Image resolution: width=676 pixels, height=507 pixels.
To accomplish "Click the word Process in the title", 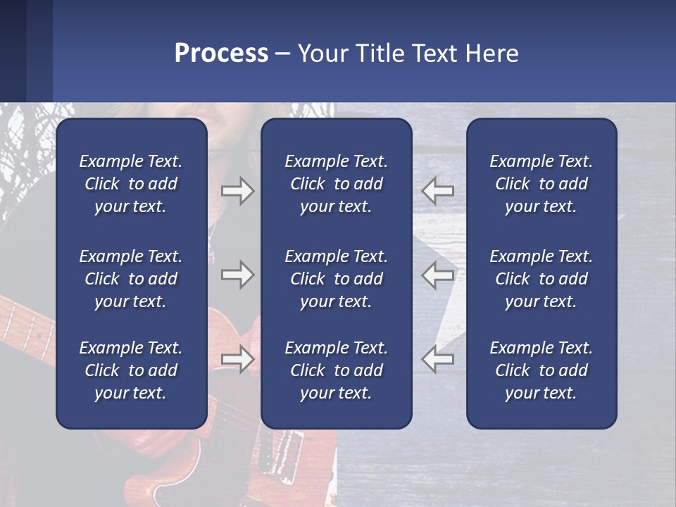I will click(221, 54).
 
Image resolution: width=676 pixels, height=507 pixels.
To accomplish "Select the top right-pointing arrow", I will click(237, 191).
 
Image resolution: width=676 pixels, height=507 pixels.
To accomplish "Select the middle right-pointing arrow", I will click(237, 275).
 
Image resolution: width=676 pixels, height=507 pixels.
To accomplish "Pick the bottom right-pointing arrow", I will click(237, 359).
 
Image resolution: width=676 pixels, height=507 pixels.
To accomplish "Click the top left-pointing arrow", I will click(437, 191).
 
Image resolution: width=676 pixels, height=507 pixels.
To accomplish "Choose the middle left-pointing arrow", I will click(437, 275).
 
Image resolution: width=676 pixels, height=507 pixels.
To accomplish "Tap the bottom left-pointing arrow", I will click(437, 359).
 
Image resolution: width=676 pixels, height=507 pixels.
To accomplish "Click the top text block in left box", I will click(131, 184).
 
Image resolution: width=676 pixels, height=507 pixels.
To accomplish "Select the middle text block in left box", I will click(131, 279).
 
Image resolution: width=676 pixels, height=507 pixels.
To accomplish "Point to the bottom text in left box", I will click(131, 370).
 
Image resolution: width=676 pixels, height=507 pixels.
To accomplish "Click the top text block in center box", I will click(336, 184).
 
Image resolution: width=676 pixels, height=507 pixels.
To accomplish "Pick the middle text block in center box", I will click(336, 279).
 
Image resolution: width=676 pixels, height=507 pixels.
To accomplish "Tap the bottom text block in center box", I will click(336, 370).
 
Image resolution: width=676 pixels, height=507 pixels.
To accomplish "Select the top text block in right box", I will click(541, 184).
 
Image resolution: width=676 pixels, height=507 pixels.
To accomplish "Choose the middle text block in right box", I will click(541, 279).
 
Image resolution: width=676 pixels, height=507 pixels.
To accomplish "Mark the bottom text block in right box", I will click(541, 370).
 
